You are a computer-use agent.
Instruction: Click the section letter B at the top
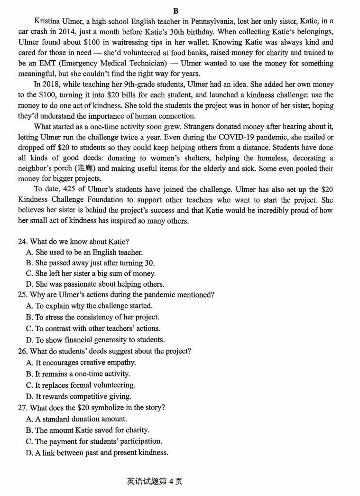click(x=176, y=10)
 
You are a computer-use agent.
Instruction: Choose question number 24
click(x=23, y=242)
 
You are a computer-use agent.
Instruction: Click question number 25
click(x=23, y=295)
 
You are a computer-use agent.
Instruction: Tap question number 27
click(x=23, y=408)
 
